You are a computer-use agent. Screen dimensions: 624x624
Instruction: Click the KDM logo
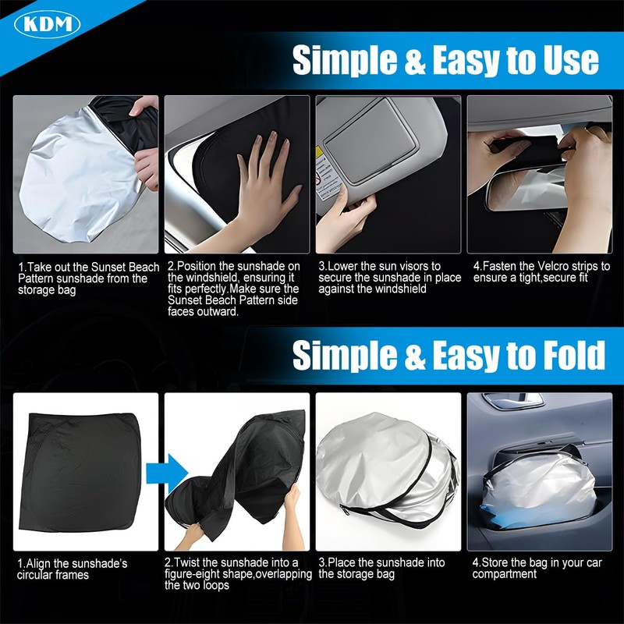coord(48,23)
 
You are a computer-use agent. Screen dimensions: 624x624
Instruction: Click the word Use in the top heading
coord(567,60)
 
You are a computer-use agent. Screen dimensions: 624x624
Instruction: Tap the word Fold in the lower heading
coord(569,356)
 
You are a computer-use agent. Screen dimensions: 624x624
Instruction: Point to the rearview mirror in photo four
coord(523,188)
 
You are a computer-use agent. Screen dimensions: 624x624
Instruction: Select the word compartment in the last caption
coord(505,574)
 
